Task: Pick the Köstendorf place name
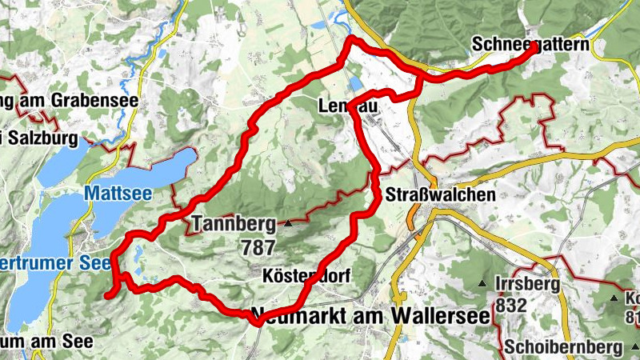[306, 276]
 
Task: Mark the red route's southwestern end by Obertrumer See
[107, 295]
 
